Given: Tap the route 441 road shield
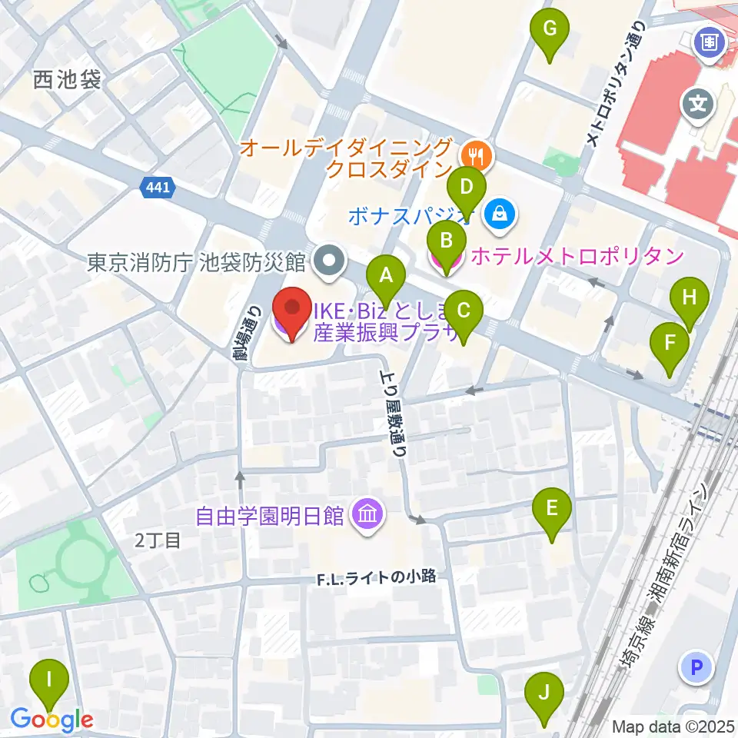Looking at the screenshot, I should point(159,186).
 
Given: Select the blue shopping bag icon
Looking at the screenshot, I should point(500,214).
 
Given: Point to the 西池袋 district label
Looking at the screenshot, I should point(68,79).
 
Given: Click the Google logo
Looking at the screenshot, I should point(52,720).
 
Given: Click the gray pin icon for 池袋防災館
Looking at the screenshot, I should point(329,262).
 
